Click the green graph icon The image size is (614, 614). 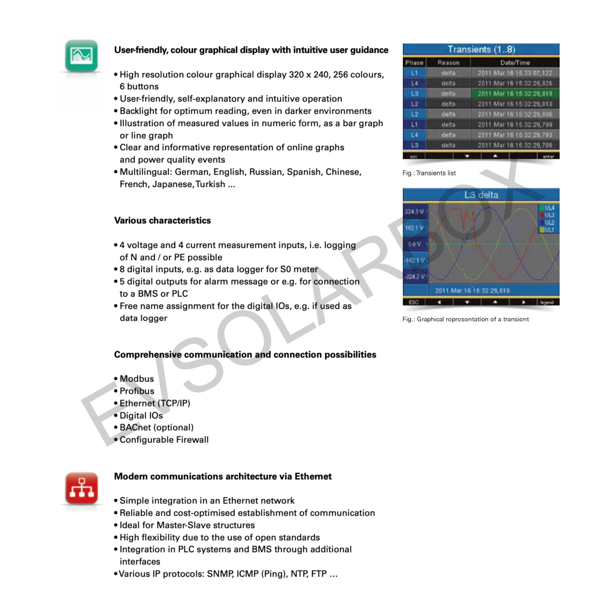(x=81, y=55)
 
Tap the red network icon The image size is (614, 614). (x=81, y=488)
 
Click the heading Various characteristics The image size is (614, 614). (x=163, y=221)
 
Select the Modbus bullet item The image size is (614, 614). (x=137, y=379)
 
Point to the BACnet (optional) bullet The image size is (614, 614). (x=156, y=428)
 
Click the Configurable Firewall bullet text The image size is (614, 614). (x=164, y=440)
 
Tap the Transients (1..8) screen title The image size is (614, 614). (x=481, y=50)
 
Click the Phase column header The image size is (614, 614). (x=414, y=63)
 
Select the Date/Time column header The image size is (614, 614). (x=515, y=63)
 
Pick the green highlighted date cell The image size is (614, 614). (x=515, y=94)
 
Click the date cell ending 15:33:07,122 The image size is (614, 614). (x=515, y=73)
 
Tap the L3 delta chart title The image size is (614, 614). (x=481, y=195)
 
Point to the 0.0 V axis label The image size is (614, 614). (x=414, y=244)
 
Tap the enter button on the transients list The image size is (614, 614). (x=548, y=156)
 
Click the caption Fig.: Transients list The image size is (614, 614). (x=429, y=173)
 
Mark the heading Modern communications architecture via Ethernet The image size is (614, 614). (x=223, y=476)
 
